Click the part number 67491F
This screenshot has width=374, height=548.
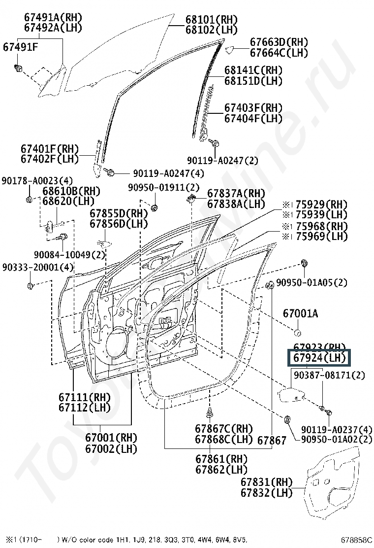(x=21, y=48)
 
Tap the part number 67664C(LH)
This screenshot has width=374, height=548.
(x=279, y=52)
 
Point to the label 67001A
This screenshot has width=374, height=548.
(x=300, y=313)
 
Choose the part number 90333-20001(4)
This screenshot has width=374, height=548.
(x=37, y=267)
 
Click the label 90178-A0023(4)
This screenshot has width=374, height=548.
(x=37, y=180)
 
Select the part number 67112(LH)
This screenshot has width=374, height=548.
(x=80, y=407)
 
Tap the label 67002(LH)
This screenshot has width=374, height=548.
(x=111, y=448)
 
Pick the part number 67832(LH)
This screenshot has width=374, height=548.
(x=266, y=492)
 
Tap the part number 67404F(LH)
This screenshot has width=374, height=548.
(x=253, y=118)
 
